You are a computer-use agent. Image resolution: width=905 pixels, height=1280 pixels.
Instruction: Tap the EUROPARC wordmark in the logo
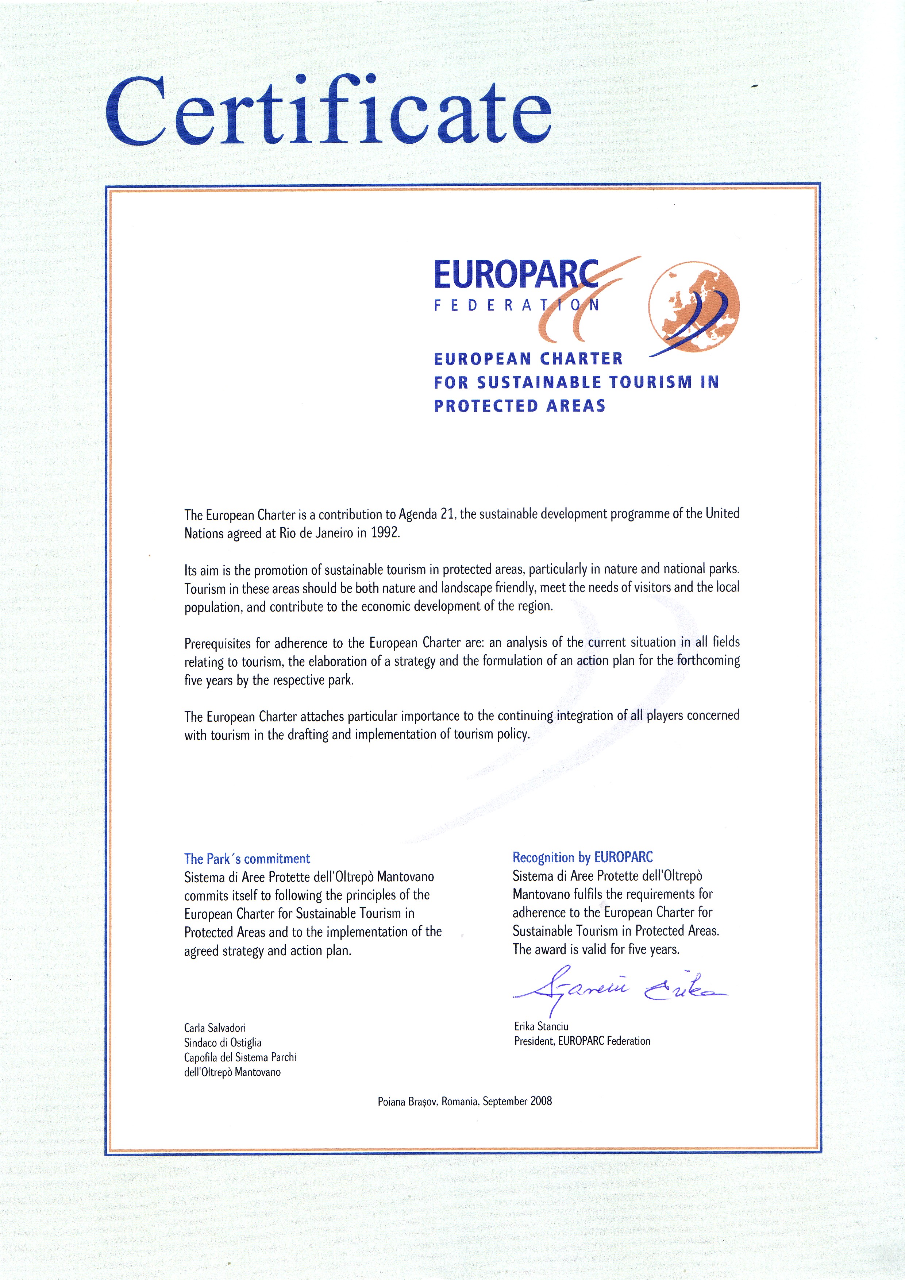click(x=516, y=274)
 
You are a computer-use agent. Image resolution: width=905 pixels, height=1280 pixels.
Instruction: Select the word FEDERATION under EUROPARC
click(x=516, y=305)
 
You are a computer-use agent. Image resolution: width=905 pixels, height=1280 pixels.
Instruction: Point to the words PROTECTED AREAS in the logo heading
click(x=520, y=406)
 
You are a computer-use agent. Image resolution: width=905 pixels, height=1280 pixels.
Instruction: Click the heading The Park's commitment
click(x=247, y=859)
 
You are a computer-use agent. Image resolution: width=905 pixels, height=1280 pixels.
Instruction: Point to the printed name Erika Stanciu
click(x=541, y=1026)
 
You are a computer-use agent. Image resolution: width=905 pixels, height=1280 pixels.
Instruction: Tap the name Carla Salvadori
click(x=215, y=1028)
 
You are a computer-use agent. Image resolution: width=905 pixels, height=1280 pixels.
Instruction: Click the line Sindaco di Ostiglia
click(x=223, y=1042)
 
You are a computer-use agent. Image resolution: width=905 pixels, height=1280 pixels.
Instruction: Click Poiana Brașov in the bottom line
click(x=408, y=1102)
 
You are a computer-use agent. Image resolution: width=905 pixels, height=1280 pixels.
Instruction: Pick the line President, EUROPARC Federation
click(x=582, y=1041)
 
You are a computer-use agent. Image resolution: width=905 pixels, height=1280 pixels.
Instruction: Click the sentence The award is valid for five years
click(x=596, y=949)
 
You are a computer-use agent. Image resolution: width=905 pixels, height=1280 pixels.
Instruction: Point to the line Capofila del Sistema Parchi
click(x=240, y=1057)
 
